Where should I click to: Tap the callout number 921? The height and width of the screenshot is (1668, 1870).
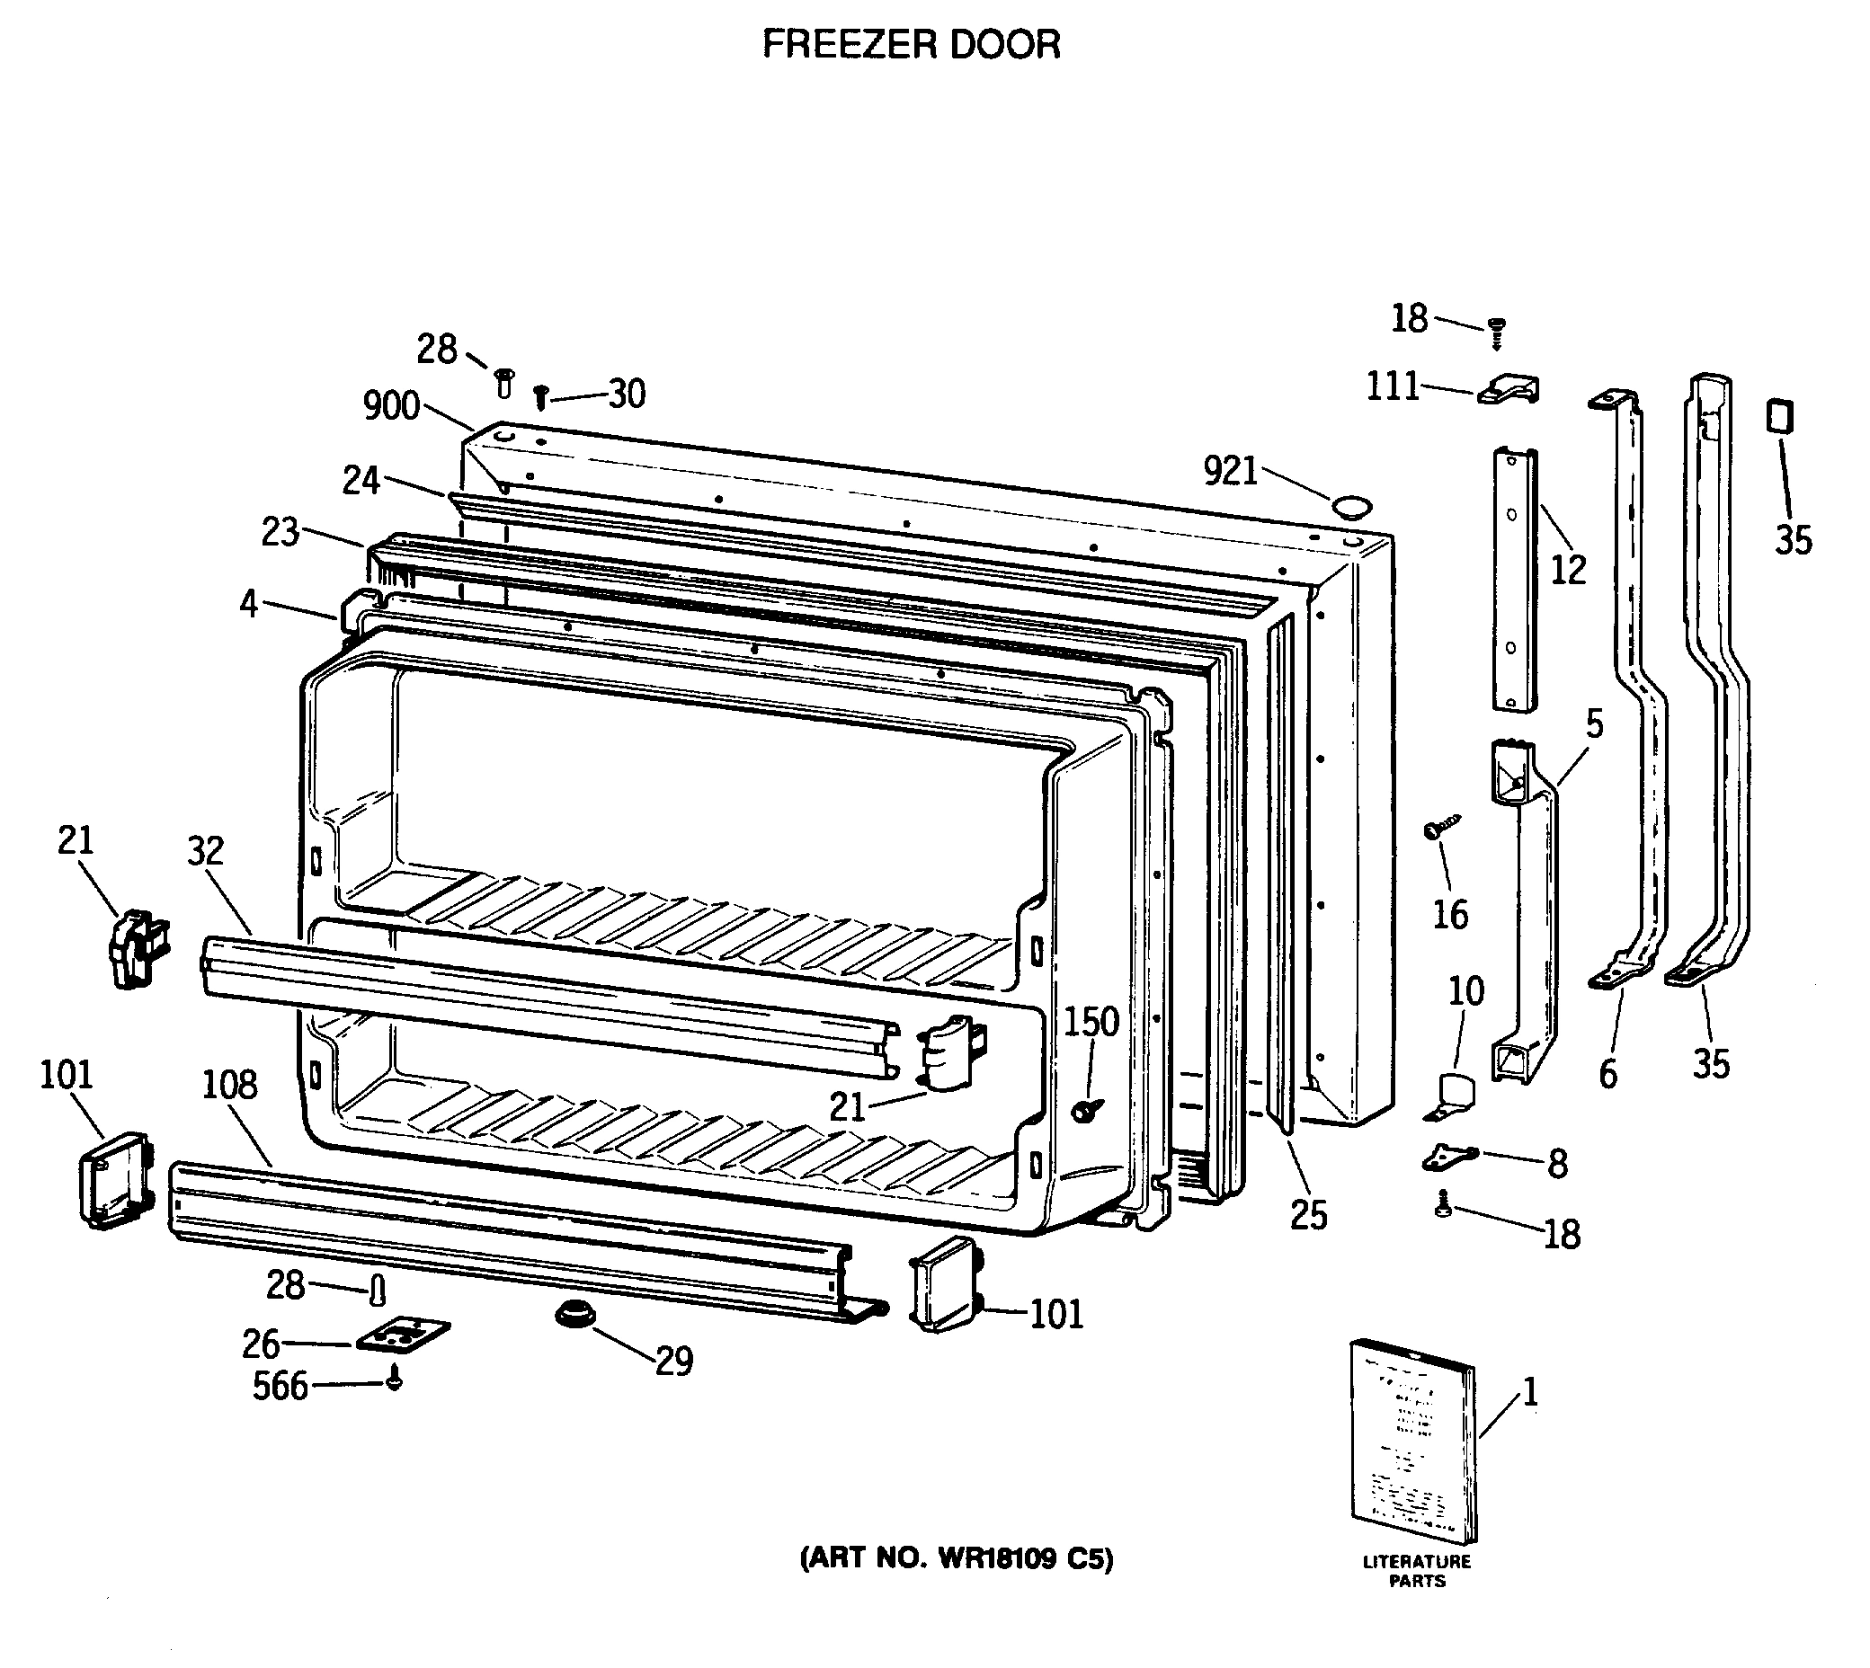coord(1230,471)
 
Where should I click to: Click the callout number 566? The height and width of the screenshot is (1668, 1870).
coord(280,1386)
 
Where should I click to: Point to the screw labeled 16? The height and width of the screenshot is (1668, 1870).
coord(1437,828)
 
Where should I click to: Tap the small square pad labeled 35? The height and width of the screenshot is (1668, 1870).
coord(1779,417)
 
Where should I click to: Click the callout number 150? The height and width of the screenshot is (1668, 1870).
coord(1091,1021)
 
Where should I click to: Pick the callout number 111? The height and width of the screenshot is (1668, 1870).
coord(1393,386)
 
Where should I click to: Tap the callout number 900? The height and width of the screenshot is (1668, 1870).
coord(391,406)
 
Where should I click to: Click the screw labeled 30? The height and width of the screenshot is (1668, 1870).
coord(541,397)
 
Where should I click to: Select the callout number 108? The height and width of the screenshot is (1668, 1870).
coord(229,1085)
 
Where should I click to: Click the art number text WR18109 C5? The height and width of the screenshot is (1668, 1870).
coord(957,1559)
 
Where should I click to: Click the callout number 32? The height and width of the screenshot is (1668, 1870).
coord(205,851)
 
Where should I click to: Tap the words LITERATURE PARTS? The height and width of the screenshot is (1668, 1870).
coord(1416,1571)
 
